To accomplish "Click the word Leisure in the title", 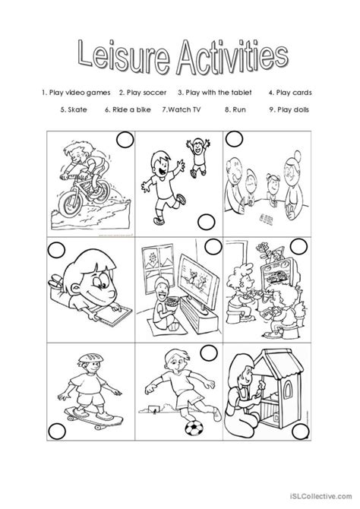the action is [x=124, y=56].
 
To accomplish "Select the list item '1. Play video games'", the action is [x=76, y=93].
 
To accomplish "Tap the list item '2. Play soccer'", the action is [x=143, y=93].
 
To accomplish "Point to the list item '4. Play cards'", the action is [x=290, y=93].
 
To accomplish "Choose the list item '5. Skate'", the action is [x=74, y=109].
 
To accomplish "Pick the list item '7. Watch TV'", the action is [x=182, y=109].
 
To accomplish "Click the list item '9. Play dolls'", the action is [x=289, y=109].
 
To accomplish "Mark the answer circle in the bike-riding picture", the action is [x=125, y=140].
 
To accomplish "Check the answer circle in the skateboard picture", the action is [x=57, y=431].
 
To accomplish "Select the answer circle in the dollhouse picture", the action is [x=301, y=432].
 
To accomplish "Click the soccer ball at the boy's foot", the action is [x=194, y=428].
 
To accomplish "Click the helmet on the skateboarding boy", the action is [x=90, y=358].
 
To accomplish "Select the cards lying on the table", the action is [x=266, y=219].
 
